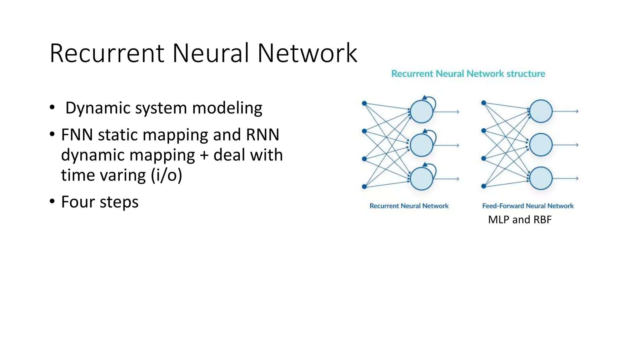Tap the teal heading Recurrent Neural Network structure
tap(468, 74)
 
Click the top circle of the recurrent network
tap(421, 112)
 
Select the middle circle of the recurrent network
tap(421, 145)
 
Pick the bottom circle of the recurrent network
tap(421, 179)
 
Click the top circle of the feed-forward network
tap(541, 111)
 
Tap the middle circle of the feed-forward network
tap(541, 145)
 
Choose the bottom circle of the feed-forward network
tap(541, 178)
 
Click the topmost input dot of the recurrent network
tap(364, 103)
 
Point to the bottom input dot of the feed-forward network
tap(483, 186)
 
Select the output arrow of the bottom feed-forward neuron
tap(566, 178)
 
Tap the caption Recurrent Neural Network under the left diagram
tap(409, 206)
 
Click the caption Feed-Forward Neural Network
tap(527, 206)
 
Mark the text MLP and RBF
tap(520, 220)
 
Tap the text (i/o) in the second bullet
tap(167, 175)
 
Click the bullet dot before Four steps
tap(52, 201)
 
